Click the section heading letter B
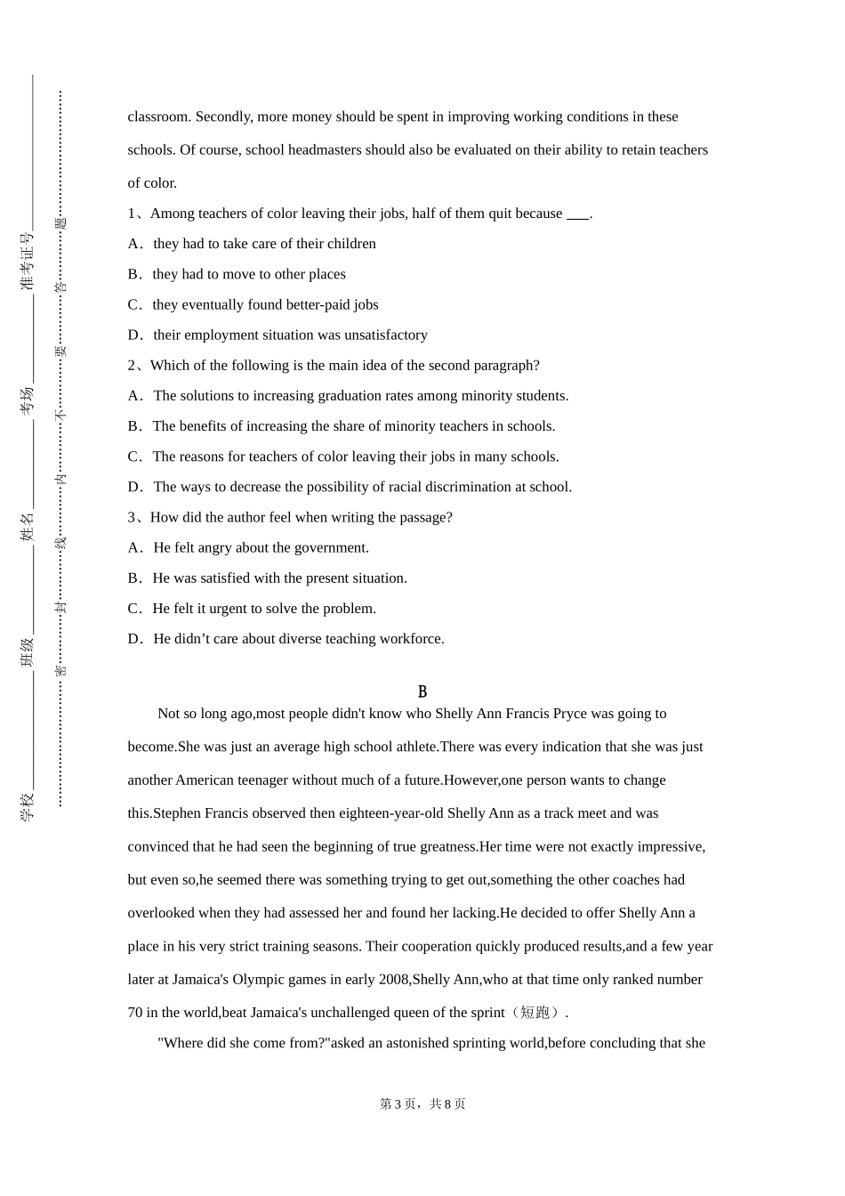pyautogui.click(x=422, y=691)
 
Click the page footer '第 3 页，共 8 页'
pyautogui.click(x=422, y=1103)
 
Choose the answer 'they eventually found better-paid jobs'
pyautogui.click(x=265, y=304)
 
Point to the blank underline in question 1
pyautogui.click(x=577, y=214)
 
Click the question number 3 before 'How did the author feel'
pyautogui.click(x=132, y=517)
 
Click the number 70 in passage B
pyautogui.click(x=135, y=1012)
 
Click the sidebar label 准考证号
pyautogui.click(x=27, y=262)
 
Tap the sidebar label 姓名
pyautogui.click(x=27, y=527)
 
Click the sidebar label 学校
pyautogui.click(x=27, y=806)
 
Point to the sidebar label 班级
pyautogui.click(x=27, y=652)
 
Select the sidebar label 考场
pyautogui.click(x=27, y=400)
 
